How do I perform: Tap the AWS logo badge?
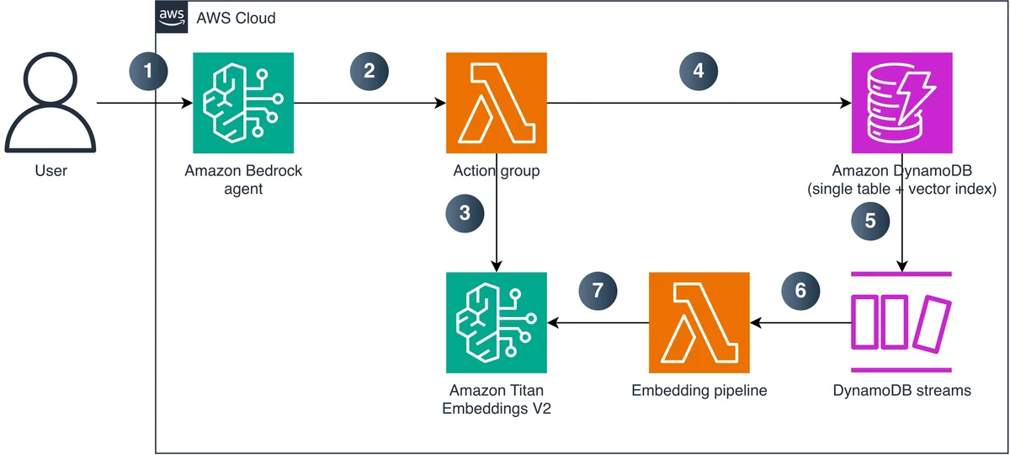coord(172,17)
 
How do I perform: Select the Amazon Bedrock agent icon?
coord(243,103)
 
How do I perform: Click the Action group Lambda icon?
coord(497,103)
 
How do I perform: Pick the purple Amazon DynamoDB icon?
coord(901,103)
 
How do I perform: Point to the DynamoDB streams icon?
coord(901,322)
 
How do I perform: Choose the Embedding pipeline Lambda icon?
coord(699,323)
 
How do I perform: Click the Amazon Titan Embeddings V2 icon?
coord(497,323)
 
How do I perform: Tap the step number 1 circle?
coord(148,72)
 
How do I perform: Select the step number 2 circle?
coord(369,72)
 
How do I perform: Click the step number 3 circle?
coord(465,213)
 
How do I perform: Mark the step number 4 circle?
coord(699,72)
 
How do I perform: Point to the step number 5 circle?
coord(870,221)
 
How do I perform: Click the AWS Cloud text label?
coord(236,18)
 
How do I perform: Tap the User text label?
coord(51,170)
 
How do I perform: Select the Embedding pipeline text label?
coord(699,391)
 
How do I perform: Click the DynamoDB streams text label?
coord(901,390)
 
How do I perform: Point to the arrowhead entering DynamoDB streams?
coord(901,267)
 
